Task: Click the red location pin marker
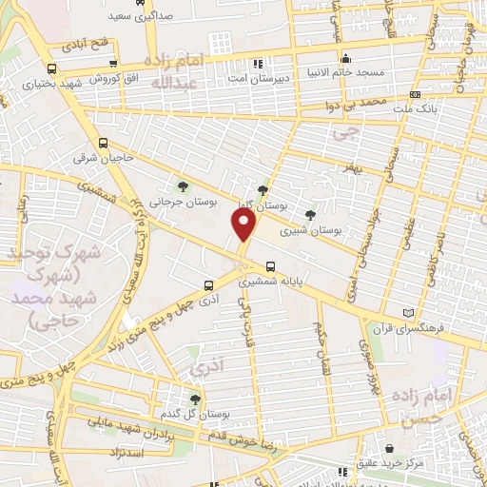[244, 224]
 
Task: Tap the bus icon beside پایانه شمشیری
[271, 266]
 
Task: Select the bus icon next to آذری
[209, 283]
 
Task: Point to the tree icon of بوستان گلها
[263, 189]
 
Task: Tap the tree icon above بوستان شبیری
[310, 214]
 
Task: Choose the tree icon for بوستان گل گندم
[195, 399]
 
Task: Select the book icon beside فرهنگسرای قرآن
[409, 313]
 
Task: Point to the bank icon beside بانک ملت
[417, 95]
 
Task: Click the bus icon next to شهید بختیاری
[49, 68]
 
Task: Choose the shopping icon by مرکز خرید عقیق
[390, 447]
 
